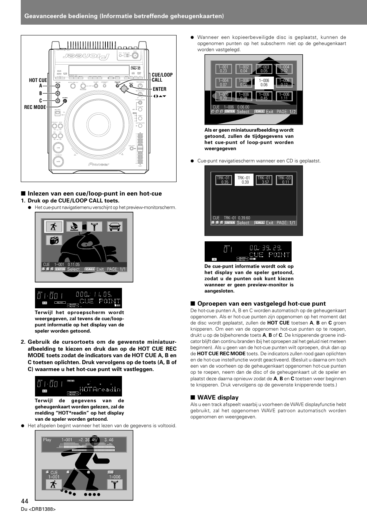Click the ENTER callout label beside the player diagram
160,89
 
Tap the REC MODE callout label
35,107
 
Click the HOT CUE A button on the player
58,86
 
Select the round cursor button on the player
124,89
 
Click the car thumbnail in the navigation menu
114,226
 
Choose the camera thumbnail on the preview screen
54,240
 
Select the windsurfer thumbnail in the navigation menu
74,226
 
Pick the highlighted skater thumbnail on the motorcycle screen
54,226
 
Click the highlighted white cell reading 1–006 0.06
264,83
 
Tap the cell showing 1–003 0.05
264,69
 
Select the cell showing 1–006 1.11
284,96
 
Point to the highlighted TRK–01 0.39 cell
244,180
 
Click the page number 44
25,501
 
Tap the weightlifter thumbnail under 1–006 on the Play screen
115,484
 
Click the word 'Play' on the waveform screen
47,440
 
